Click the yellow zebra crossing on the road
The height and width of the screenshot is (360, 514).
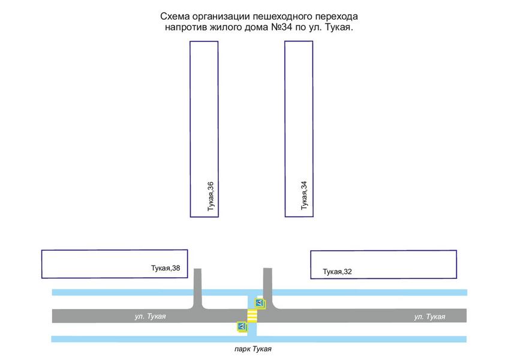click(253, 316)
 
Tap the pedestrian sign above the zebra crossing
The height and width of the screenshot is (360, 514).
click(260, 302)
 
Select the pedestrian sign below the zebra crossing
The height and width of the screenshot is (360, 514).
click(242, 326)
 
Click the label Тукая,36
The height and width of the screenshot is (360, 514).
click(211, 197)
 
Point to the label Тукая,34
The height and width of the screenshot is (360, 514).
click(304, 195)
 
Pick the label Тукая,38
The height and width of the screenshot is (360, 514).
click(166, 268)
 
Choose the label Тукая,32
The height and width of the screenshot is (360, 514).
click(337, 272)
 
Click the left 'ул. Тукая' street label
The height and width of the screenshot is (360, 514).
click(151, 316)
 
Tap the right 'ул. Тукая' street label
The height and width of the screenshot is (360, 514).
click(430, 316)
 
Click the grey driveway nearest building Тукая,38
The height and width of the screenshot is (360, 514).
click(199, 288)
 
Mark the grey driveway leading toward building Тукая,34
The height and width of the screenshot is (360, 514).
click(267, 287)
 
